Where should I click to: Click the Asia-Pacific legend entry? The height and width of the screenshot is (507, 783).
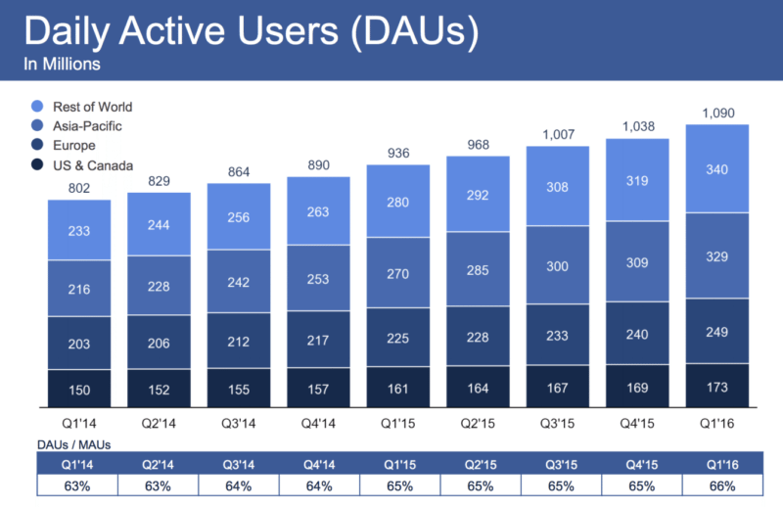89,126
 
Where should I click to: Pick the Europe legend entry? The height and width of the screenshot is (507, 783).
76,146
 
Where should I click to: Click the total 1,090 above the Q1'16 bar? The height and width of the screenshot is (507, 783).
722,112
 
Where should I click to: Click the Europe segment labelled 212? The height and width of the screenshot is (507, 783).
239,342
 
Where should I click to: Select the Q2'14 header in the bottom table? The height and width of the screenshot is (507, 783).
159,465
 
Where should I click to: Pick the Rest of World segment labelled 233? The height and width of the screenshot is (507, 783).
78,230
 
